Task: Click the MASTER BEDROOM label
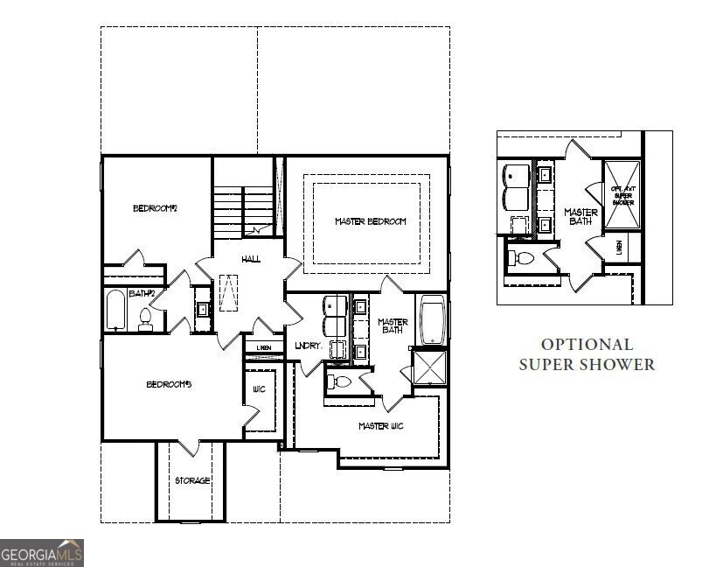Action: [370, 221]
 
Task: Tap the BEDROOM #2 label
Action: [155, 208]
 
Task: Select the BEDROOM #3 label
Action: [168, 384]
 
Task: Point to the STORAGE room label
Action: [192, 480]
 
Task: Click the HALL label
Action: [250, 259]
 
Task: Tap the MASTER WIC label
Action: [381, 426]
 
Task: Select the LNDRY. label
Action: [309, 346]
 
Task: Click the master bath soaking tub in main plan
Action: [433, 321]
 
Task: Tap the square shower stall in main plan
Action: [429, 367]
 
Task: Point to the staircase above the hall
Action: [242, 211]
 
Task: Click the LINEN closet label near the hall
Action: [264, 348]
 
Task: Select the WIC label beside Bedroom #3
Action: [259, 389]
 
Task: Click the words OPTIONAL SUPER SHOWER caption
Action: [587, 354]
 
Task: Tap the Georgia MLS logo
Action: [42, 553]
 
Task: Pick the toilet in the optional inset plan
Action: [524, 258]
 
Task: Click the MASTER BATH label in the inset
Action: [580, 217]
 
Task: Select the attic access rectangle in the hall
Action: [229, 291]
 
